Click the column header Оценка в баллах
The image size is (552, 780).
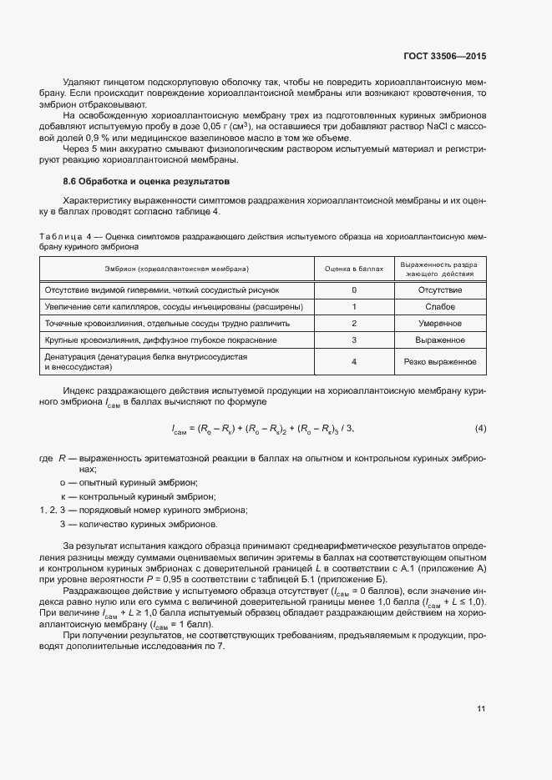[x=354, y=269]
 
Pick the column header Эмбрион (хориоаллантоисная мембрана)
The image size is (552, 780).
[x=176, y=269]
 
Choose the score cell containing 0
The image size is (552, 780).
[x=354, y=289]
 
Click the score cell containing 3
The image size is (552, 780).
[x=354, y=340]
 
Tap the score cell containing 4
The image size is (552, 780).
[x=354, y=362]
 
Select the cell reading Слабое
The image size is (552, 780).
[x=439, y=306]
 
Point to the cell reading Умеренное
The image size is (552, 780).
[x=439, y=324]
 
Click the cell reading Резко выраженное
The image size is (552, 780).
[x=439, y=362]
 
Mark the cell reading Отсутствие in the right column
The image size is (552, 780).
[x=439, y=289]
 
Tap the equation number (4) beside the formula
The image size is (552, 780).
[x=480, y=429]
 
